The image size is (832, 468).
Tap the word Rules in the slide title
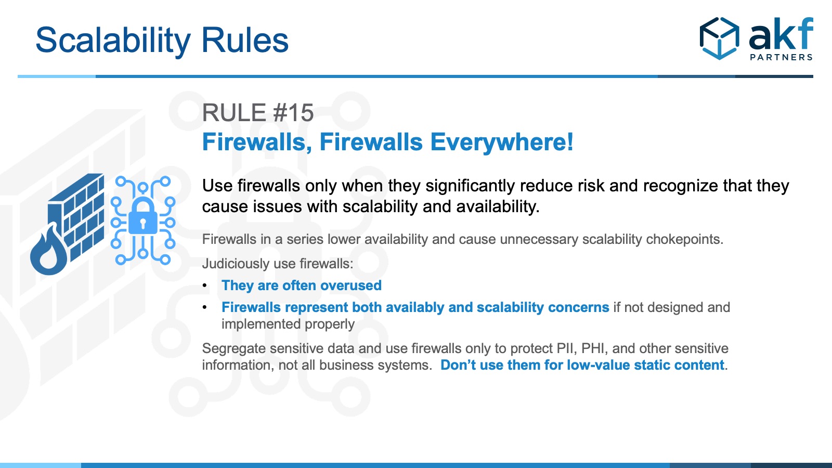(245, 40)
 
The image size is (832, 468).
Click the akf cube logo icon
(720, 38)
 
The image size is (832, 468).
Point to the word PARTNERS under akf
(782, 57)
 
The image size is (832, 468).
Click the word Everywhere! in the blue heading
(502, 142)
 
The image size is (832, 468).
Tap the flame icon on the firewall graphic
(49, 250)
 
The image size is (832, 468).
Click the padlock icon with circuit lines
(143, 220)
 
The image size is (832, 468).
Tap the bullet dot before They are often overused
(205, 285)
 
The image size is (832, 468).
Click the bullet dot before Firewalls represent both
(205, 307)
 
